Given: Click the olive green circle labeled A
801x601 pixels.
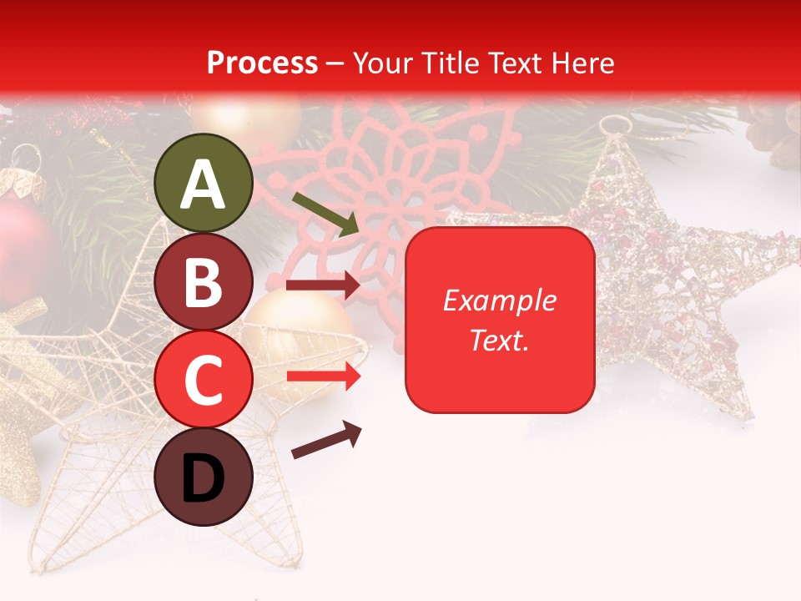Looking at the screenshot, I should click(x=204, y=183).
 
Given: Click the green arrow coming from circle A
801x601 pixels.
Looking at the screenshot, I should click(x=325, y=213).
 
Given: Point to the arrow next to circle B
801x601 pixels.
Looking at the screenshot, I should click(x=324, y=285).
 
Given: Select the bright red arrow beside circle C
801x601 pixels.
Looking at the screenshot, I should click(x=324, y=376).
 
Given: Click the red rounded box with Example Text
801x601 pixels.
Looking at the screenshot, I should click(x=500, y=320).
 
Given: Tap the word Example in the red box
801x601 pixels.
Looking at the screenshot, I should click(x=499, y=301).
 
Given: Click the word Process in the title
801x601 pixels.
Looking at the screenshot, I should click(x=262, y=63).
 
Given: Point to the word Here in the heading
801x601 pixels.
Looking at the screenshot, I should click(x=583, y=63).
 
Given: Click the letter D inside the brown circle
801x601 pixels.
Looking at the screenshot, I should click(x=204, y=479).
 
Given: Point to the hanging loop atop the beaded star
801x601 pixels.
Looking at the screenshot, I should click(x=613, y=126).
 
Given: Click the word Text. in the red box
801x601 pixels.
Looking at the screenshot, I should click(x=499, y=340).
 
